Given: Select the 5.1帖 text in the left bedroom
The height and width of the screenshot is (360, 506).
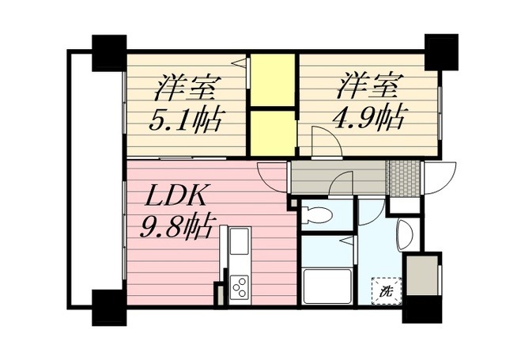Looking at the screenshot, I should pos(185,121).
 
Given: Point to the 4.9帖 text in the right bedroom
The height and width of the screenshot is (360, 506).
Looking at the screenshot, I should pos(370,119).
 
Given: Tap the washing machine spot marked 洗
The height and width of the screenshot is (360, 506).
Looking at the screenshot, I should pos(387,291).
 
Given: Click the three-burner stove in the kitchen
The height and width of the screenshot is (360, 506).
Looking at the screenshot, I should pos(238,287).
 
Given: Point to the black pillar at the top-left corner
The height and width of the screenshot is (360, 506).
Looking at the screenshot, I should pos(108,52).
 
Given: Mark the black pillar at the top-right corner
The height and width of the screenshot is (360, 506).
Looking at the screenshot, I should pos(441,52).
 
